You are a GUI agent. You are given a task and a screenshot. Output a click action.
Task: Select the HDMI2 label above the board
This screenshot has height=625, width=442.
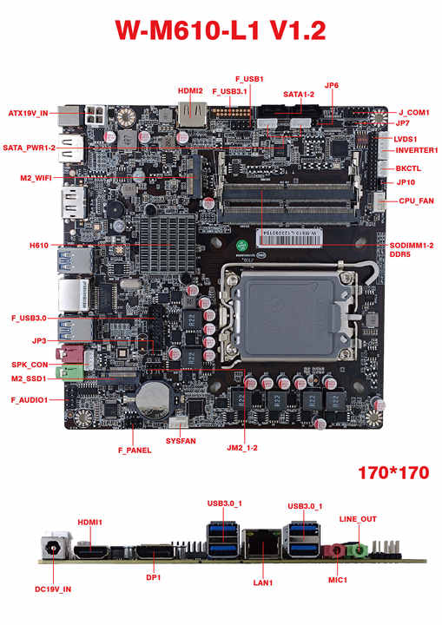(x=190, y=90)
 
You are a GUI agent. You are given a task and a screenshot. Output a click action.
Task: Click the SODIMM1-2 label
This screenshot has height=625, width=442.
(x=412, y=245)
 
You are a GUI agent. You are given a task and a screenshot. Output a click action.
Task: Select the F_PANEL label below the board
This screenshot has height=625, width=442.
(x=134, y=451)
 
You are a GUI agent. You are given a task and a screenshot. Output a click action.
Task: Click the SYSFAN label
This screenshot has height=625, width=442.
(x=181, y=442)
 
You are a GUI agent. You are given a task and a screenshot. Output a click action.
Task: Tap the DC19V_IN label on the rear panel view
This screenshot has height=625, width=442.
(x=53, y=589)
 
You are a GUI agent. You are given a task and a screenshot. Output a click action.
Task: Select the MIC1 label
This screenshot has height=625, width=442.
(x=338, y=580)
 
